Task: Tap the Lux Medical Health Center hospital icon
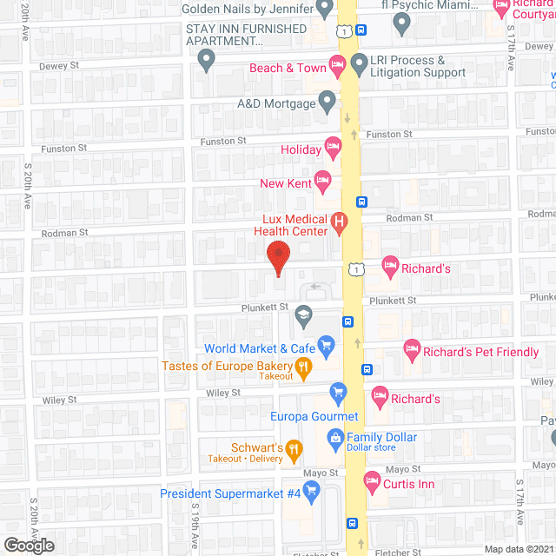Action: coord(340,224)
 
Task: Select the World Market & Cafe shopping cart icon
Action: coord(327,348)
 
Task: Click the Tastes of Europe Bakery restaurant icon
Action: coord(303,369)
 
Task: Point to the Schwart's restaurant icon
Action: coord(294,449)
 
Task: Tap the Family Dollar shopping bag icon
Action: coord(334,441)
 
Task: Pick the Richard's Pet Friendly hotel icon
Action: coord(412,352)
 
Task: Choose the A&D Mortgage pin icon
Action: coord(327,103)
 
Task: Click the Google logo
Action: coord(28,545)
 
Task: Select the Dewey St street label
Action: coord(59,66)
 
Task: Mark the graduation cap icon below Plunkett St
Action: coord(303,315)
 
